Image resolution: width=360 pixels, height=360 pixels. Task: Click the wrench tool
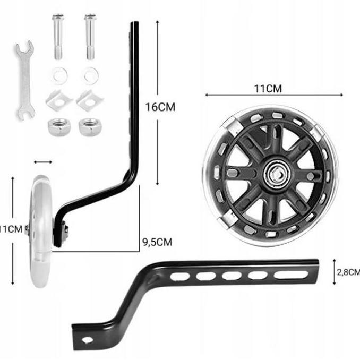coord(25,80)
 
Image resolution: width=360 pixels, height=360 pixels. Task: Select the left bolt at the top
coord(58,37)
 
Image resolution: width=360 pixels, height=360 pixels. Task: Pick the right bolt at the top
coord(90,37)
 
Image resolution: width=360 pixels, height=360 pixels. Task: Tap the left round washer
coord(59,75)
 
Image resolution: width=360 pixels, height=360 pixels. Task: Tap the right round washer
coord(91,75)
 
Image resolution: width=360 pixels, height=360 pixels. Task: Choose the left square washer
coord(59,100)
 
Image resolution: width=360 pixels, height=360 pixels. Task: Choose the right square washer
coord(90,100)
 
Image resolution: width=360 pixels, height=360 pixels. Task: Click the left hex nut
coord(59,127)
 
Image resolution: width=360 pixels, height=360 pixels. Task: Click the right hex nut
coord(90,127)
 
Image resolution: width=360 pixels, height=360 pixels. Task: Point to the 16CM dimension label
coord(160,107)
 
